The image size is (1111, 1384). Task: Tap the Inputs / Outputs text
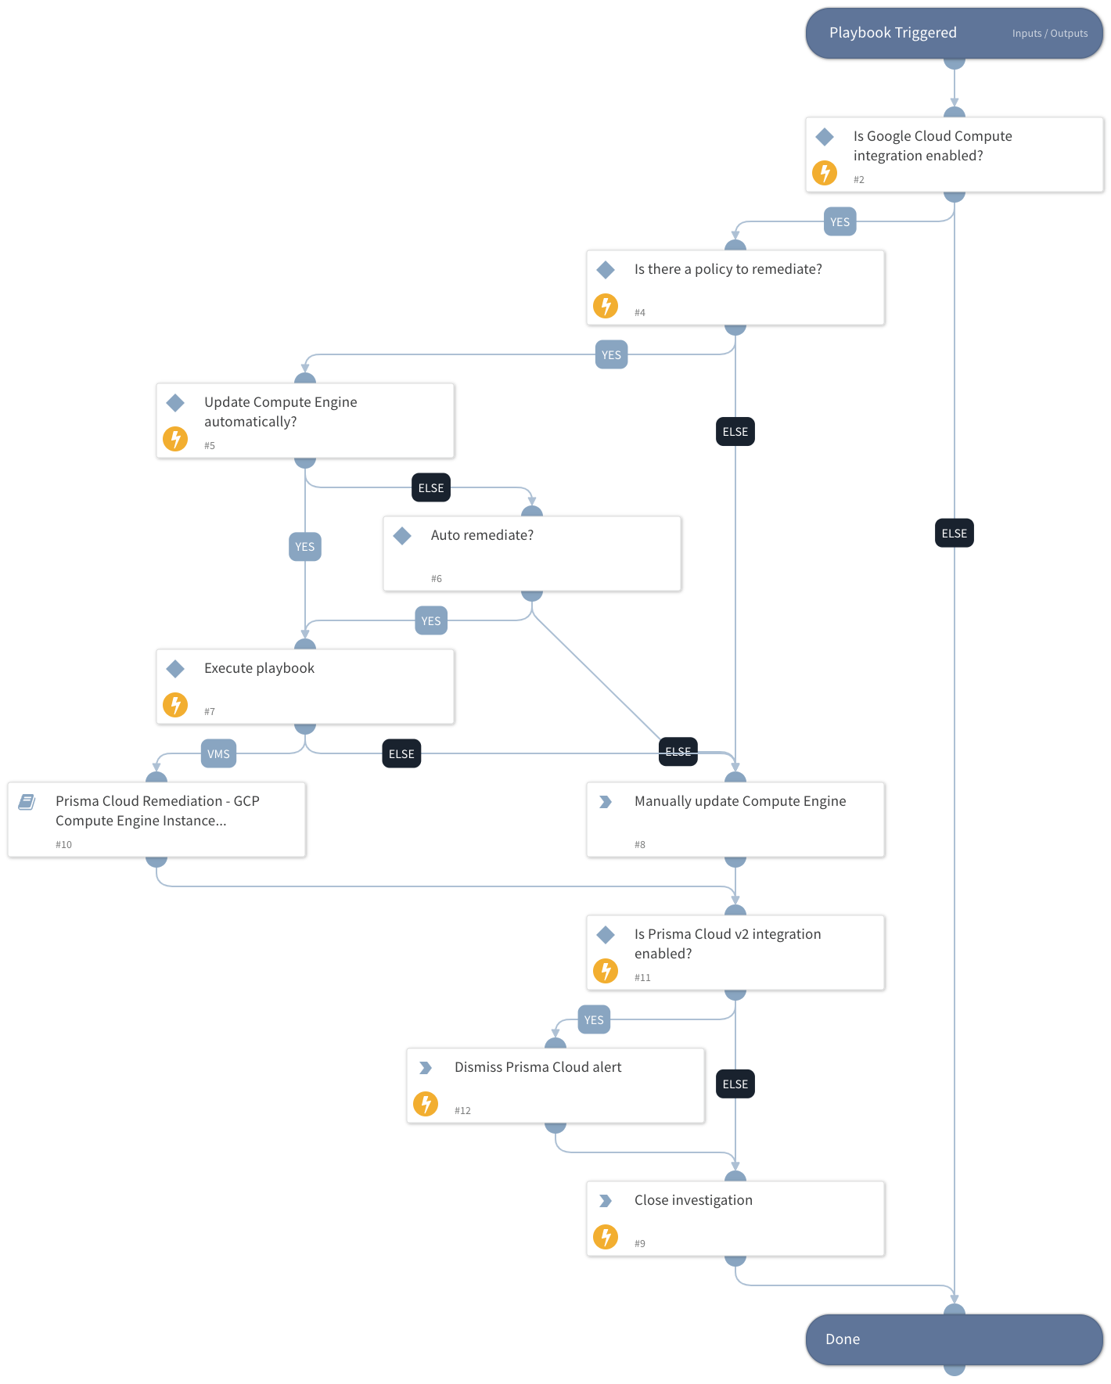[1049, 34]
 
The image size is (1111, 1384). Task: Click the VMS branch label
[218, 754]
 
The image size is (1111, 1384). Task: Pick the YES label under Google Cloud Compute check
[840, 222]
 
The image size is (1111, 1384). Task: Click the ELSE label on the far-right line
[954, 534]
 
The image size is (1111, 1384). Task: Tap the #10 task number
[63, 845]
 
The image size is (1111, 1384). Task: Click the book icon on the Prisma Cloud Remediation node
[27, 802]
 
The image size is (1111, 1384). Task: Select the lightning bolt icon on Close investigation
[606, 1237]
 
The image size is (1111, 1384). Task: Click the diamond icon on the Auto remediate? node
[402, 536]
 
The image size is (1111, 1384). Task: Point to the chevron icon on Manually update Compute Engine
[606, 802]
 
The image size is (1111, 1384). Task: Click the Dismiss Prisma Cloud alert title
[538, 1067]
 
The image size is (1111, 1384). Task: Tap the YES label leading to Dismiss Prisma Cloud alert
[594, 1020]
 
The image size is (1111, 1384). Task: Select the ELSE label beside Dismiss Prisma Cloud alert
[735, 1084]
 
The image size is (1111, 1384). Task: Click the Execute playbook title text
[259, 668]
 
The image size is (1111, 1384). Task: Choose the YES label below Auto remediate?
[431, 621]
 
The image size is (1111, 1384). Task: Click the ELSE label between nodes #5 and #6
[431, 488]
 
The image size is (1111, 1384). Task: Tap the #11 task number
[642, 978]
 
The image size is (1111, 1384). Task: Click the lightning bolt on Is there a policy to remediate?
[606, 306]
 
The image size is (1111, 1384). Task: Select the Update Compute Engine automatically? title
[280, 412]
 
